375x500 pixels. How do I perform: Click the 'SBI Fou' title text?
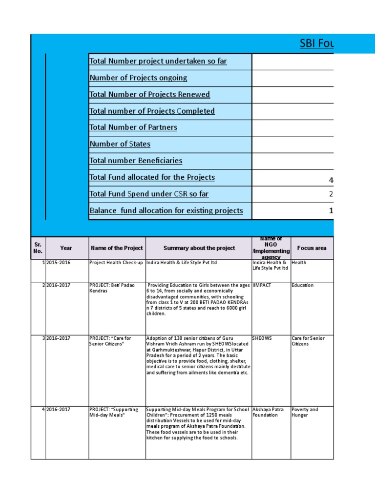click(x=316, y=44)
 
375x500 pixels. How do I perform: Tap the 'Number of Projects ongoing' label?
click(x=138, y=78)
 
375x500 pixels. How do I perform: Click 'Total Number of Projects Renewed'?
click(x=149, y=95)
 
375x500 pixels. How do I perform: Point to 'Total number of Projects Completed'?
click(x=152, y=111)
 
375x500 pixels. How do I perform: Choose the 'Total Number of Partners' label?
click(x=133, y=127)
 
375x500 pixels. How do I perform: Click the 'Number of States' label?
click(x=120, y=144)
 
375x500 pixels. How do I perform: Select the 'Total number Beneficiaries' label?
click(x=136, y=161)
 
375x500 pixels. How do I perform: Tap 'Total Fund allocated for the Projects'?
click(x=152, y=177)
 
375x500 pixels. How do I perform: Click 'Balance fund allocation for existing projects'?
click(x=166, y=211)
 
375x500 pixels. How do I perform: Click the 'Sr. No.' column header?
click(x=38, y=248)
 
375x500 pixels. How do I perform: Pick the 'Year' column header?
click(x=66, y=248)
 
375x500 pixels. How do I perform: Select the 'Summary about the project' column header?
click(x=199, y=248)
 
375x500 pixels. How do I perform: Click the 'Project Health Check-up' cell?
click(x=116, y=263)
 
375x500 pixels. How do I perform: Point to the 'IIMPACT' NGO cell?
click(x=262, y=285)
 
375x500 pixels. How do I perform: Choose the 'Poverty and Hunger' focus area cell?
click(x=304, y=413)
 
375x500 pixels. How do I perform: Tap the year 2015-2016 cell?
click(x=59, y=263)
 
